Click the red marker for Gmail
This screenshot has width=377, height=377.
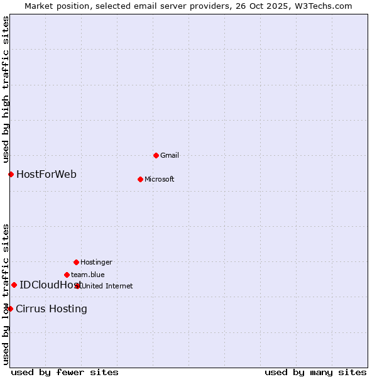click(156, 155)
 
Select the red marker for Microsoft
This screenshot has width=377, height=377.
click(140, 179)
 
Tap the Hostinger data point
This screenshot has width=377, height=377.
click(76, 262)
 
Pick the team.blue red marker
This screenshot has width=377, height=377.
click(67, 275)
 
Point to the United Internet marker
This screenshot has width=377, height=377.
click(78, 286)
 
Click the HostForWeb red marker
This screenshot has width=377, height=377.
click(11, 174)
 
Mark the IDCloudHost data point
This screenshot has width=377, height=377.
click(14, 285)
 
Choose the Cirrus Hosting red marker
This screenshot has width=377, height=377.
click(10, 309)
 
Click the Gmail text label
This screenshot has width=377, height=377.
click(170, 155)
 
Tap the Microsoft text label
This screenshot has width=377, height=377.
click(159, 179)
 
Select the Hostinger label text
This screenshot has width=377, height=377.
click(96, 262)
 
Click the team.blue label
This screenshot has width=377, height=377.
click(87, 275)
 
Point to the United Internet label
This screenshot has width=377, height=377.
click(107, 286)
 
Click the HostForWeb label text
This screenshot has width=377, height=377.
click(46, 174)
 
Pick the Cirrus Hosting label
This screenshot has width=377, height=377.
click(52, 309)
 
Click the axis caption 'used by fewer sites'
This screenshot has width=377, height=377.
click(65, 372)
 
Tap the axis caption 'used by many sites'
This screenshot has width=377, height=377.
click(315, 372)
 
